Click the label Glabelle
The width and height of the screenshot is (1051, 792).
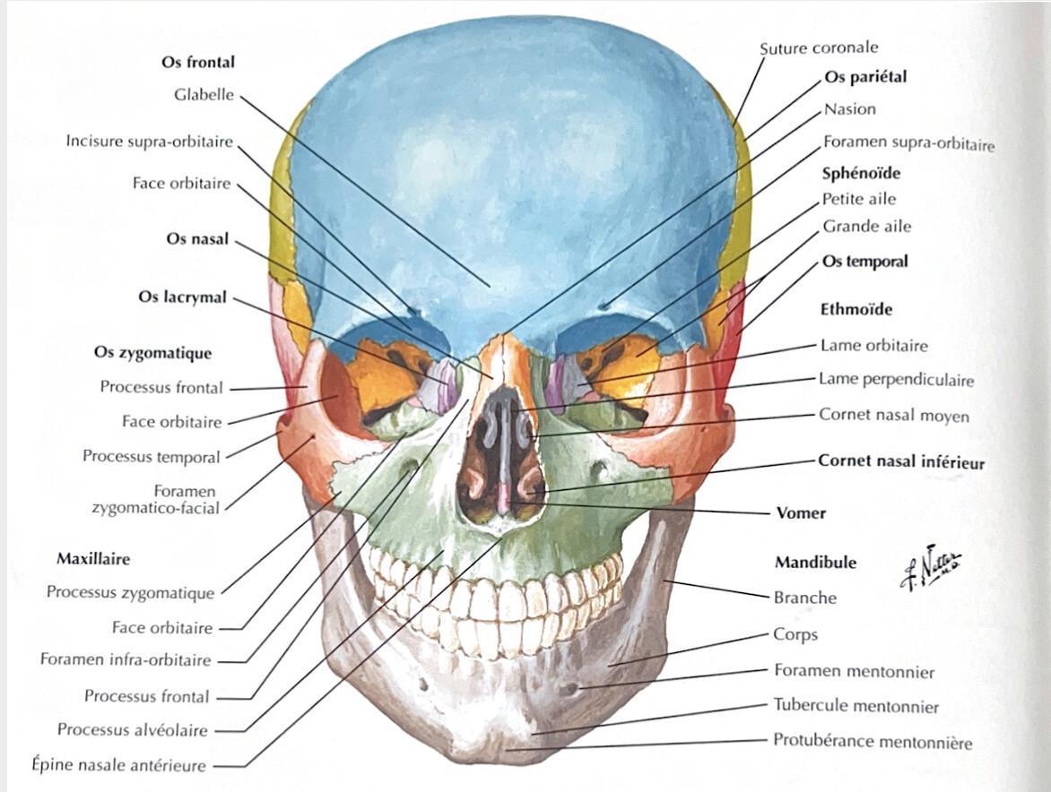click(x=204, y=95)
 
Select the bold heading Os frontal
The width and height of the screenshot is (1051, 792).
click(x=197, y=62)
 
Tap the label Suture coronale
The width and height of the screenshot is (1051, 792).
click(x=819, y=48)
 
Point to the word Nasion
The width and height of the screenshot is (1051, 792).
click(x=849, y=109)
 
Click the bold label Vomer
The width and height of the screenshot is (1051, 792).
click(x=800, y=513)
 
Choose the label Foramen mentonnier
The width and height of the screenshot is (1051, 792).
click(x=854, y=671)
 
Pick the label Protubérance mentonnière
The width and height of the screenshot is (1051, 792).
click(x=872, y=741)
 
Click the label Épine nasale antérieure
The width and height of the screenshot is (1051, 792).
click(x=118, y=764)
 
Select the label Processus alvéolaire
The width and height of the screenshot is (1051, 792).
click(x=132, y=730)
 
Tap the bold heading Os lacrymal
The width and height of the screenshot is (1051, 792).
click(x=182, y=297)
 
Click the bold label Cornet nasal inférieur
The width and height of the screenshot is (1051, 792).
click(x=901, y=462)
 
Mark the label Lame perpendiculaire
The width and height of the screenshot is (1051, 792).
click(x=896, y=380)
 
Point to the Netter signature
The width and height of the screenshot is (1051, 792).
click(x=930, y=566)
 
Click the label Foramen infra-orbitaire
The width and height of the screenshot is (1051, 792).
click(x=126, y=659)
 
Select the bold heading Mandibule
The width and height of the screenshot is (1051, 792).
click(x=816, y=563)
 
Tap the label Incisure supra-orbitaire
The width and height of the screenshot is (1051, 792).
click(x=150, y=142)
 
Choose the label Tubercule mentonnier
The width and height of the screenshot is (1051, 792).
click(x=856, y=706)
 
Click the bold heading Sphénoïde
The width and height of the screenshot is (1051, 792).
click(x=861, y=174)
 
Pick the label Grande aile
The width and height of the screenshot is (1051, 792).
click(x=866, y=227)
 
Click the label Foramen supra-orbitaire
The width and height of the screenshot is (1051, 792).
click(x=909, y=143)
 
